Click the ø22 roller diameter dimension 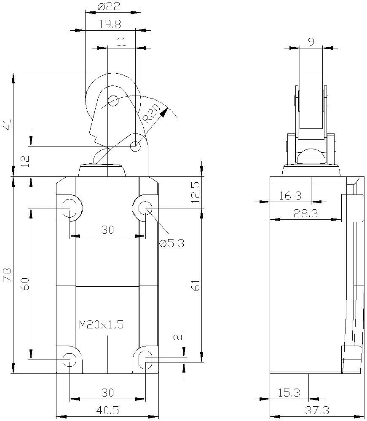(x=109, y=6)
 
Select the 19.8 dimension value (x=110, y=24)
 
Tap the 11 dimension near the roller (x=121, y=42)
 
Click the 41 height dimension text (x=8, y=124)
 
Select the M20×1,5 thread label (x=101, y=325)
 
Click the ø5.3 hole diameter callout (x=171, y=243)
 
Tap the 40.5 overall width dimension (x=107, y=410)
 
